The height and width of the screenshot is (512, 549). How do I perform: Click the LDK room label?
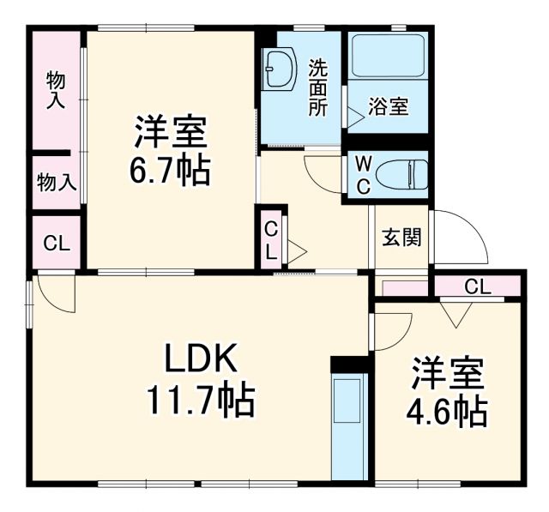200,359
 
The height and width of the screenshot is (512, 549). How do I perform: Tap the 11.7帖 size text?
198,399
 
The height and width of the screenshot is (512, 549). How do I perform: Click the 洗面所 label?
317,87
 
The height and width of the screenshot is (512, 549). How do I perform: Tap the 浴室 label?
388,107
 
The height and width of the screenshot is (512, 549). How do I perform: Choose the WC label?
363,175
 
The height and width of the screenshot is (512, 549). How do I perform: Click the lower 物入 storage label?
56,181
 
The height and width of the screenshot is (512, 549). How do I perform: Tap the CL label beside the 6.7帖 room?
56,243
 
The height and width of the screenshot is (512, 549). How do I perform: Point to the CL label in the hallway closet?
270,241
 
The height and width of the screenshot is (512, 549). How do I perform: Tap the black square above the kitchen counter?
348,364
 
